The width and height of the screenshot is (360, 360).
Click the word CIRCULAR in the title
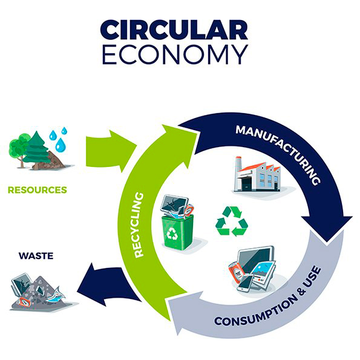pyautogui.click(x=174, y=30)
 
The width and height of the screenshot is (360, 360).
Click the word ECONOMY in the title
pyautogui.click(x=175, y=54)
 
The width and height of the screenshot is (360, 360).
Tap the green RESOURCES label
pyautogui.click(x=38, y=190)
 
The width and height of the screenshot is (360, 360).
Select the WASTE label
pyautogui.click(x=36, y=256)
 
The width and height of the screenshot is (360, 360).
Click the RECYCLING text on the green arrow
pyautogui.click(x=139, y=224)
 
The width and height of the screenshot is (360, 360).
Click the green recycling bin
pyautogui.click(x=177, y=232)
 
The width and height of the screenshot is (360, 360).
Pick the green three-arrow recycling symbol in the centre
pyautogui.click(x=232, y=221)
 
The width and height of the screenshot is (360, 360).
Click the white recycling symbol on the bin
pyautogui.click(x=172, y=234)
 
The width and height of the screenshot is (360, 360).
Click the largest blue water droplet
pyautogui.click(x=61, y=144)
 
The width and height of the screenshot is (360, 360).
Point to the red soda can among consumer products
pyautogui.click(x=236, y=272)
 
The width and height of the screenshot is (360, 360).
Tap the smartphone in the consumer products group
pyautogui.click(x=245, y=283)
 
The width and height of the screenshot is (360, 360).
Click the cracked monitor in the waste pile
pyautogui.click(x=21, y=284)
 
